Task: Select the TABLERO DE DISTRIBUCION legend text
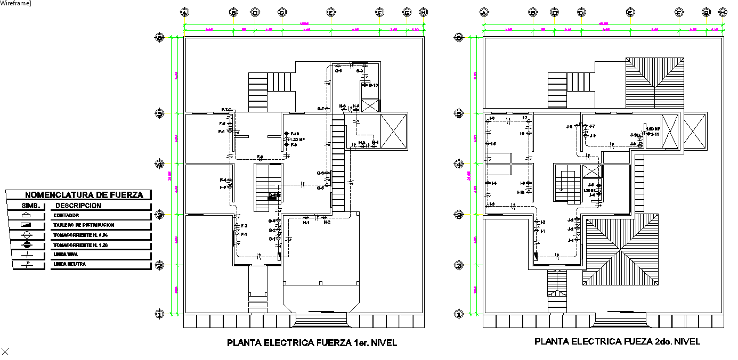coord(84,225)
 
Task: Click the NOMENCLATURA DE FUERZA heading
coord(84,195)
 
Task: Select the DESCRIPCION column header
coord(78,206)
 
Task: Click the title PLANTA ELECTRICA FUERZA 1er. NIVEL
coord(312,343)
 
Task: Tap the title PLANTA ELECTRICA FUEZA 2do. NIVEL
coord(617,341)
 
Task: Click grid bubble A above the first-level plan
coord(185,12)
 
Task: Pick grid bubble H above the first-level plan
coord(424,12)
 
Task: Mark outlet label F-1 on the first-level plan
coord(244,234)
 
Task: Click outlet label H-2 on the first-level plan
coord(327,222)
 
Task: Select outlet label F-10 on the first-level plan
coord(295,134)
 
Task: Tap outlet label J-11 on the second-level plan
coord(655,134)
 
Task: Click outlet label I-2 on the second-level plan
coord(542,222)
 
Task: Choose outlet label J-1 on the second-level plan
coord(570,240)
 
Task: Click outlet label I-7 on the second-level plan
coord(524,118)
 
